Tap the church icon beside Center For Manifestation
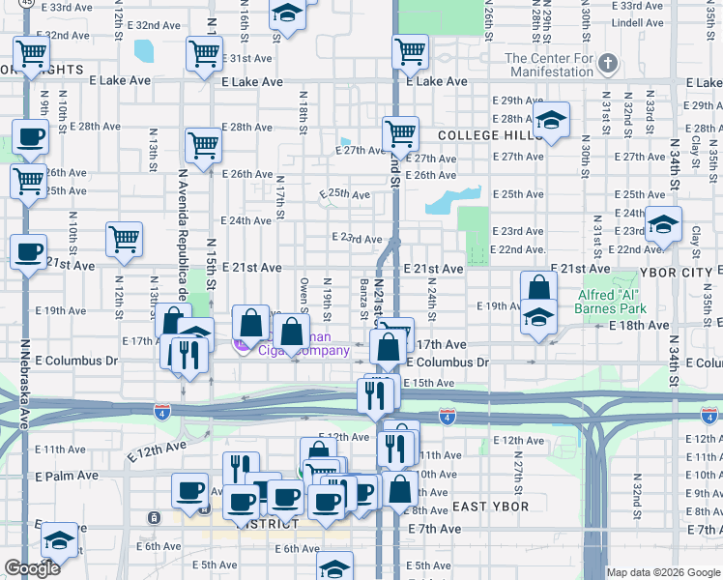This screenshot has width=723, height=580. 607,65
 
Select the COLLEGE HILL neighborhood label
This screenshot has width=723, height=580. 490,136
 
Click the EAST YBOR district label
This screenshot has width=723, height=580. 490,507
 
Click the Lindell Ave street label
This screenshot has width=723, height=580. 637,21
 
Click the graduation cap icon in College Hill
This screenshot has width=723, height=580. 551,121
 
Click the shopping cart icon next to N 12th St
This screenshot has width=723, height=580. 125,239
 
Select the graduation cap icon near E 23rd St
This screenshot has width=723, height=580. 664,224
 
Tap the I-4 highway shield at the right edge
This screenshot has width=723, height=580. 709,416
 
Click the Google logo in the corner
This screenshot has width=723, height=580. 32,568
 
